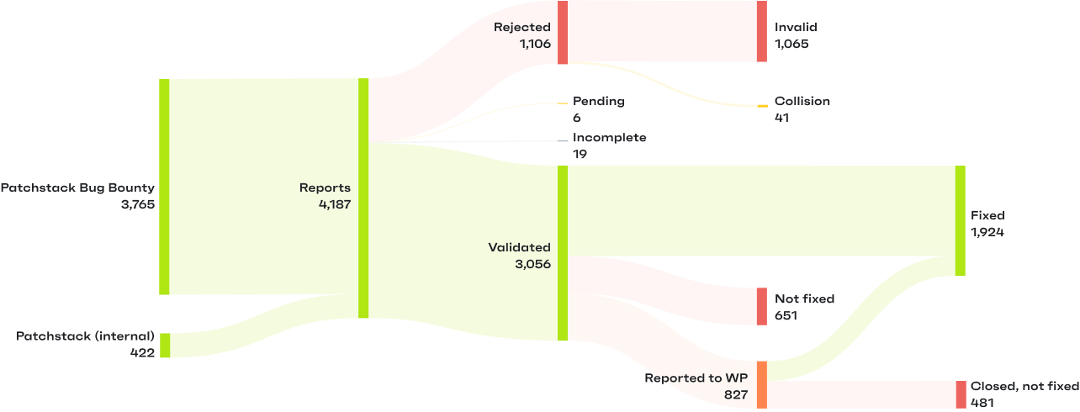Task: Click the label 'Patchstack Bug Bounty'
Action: coord(77,188)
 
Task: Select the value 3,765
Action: coord(138,204)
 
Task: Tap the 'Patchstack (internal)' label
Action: coord(85,336)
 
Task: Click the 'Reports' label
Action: coord(325,188)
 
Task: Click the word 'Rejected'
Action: coord(521,27)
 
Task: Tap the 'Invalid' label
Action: coord(796,27)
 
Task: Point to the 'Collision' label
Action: coord(802,101)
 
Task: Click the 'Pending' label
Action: coord(599,101)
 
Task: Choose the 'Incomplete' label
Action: coord(610,138)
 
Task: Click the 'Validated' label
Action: coord(519,247)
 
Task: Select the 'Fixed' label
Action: coord(987,215)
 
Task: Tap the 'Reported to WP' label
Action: coord(696,378)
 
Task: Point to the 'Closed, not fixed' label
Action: coord(1024,387)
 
